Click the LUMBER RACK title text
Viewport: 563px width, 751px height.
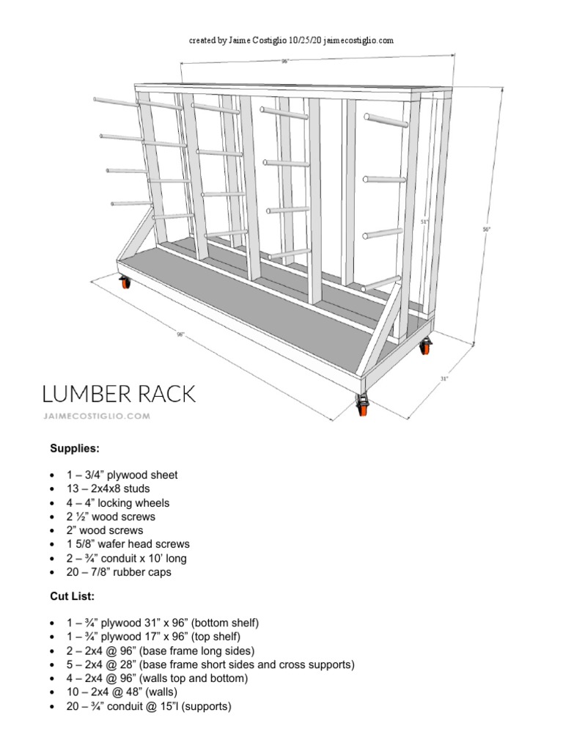tap(119, 394)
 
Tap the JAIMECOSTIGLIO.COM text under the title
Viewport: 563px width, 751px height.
tap(96, 416)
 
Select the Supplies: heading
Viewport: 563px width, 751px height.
tap(74, 447)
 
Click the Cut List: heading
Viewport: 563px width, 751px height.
tap(72, 596)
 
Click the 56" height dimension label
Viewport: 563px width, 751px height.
tap(486, 230)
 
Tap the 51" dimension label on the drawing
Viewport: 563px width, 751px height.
tap(424, 221)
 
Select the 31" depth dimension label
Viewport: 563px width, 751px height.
tap(444, 378)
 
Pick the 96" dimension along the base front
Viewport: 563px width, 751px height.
tap(181, 334)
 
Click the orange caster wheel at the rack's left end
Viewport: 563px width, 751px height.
tap(125, 282)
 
